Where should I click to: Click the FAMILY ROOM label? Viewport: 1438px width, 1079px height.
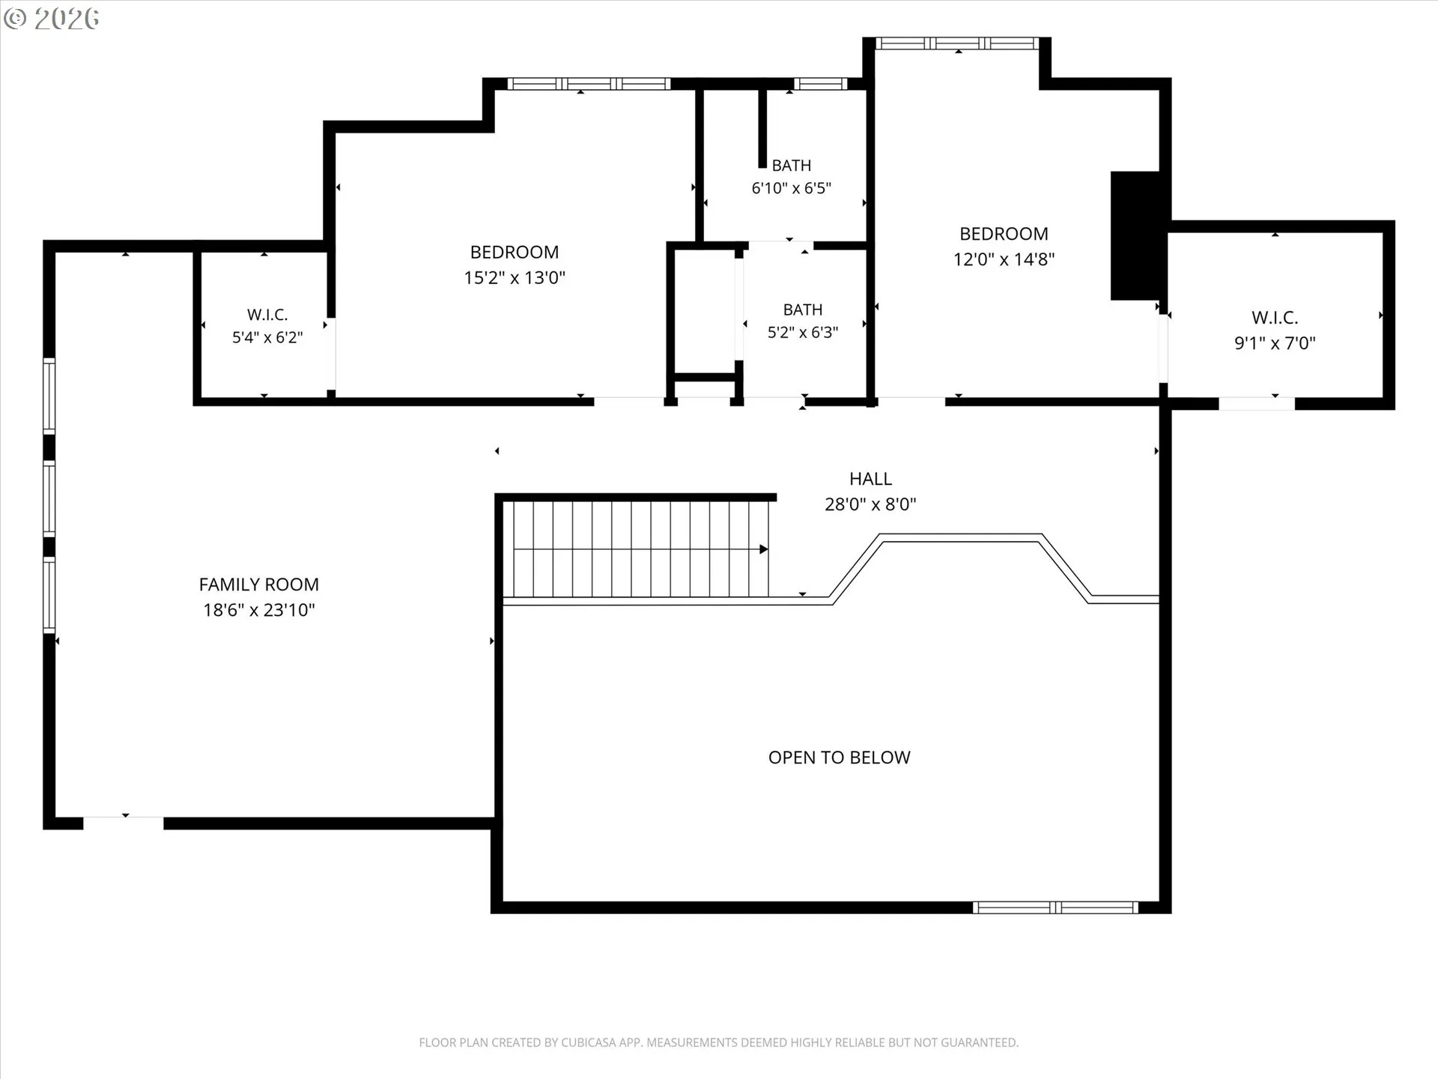coord(259,584)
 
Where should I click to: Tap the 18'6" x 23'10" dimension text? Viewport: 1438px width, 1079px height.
coord(259,610)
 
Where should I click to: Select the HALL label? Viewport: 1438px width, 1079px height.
coord(870,479)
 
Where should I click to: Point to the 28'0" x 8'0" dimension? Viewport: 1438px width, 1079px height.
coord(870,504)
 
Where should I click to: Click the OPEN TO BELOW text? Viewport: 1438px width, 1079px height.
coord(839,758)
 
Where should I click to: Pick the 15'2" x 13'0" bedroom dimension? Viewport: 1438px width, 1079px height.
coord(515,278)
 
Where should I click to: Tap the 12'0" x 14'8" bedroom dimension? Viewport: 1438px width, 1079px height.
coord(1004,259)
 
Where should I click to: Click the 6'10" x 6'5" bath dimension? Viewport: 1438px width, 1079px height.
coord(792,188)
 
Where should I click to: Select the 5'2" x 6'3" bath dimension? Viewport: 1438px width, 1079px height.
coord(803,333)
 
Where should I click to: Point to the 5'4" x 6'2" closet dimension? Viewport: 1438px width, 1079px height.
coord(267,337)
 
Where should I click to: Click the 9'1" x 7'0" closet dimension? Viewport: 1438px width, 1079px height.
coord(1275,343)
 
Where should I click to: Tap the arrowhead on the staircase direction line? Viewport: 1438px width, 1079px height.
coord(764,549)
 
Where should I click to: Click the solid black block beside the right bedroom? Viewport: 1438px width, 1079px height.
coord(1135,236)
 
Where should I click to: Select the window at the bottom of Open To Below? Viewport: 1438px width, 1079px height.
coord(1055,907)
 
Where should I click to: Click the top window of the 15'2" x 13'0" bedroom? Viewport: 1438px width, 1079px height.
coord(589,84)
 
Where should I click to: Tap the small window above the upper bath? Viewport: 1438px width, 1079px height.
coord(820,84)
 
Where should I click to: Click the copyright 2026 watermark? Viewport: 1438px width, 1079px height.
coord(52,19)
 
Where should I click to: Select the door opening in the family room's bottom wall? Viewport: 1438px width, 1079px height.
coord(124,823)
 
